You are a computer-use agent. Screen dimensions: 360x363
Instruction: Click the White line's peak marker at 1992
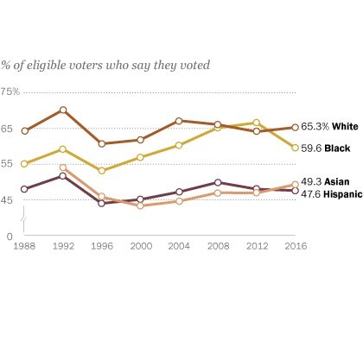pos(63,110)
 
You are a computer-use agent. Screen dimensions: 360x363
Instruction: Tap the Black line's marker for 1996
pos(102,170)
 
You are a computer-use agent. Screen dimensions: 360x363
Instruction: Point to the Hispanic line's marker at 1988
pos(24,189)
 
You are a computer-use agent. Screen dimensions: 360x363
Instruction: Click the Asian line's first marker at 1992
pos(63,167)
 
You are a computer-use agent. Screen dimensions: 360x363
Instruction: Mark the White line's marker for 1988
pos(24,131)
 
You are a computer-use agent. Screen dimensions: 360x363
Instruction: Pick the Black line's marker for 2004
pos(179,145)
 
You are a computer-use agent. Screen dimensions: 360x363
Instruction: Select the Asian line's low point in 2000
pos(140,205)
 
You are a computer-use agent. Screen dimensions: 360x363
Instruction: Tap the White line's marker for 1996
pos(102,143)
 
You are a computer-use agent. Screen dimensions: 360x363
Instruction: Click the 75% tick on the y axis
pos(11,91)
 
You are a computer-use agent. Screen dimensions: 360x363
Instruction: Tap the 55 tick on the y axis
pos(8,163)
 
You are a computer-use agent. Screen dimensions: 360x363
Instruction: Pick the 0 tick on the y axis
pos(9,235)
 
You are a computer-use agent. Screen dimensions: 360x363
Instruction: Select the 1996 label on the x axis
pos(102,246)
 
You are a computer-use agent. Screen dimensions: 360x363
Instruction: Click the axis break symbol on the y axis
pos(25,224)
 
